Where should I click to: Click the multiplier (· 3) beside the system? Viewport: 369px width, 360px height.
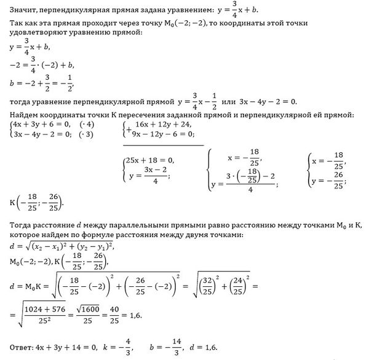click(89, 134)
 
